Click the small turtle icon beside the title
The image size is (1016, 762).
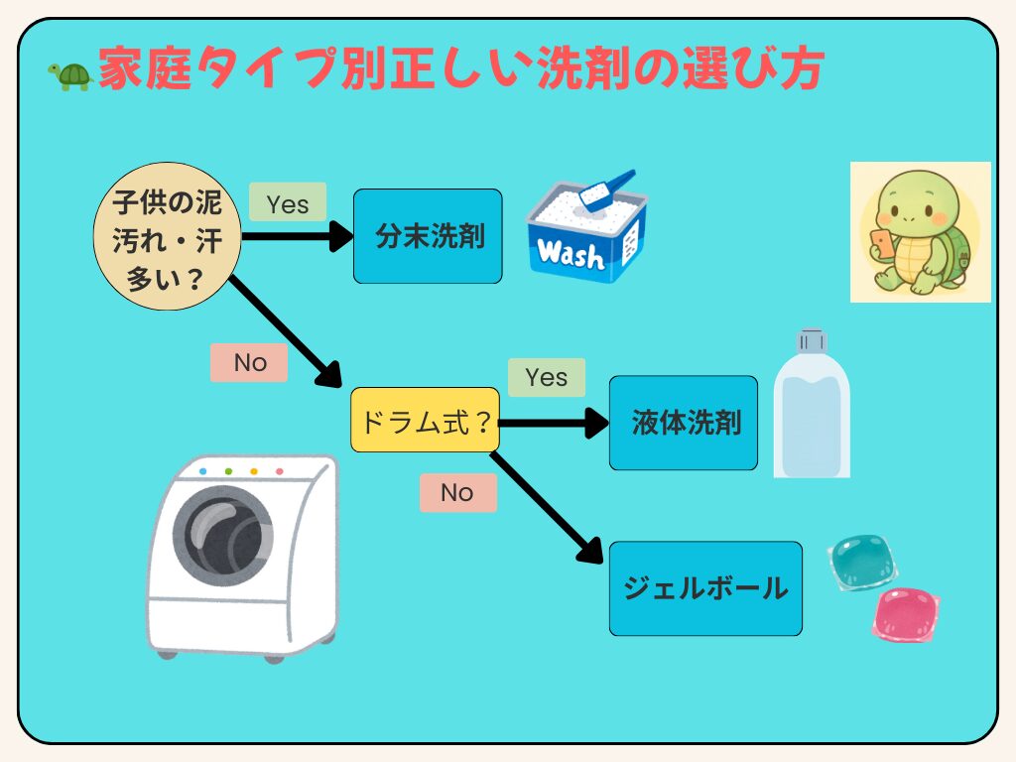pyautogui.click(x=69, y=76)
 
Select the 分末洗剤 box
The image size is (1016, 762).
pyautogui.click(x=428, y=236)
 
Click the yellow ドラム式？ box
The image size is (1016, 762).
pyautogui.click(x=425, y=420)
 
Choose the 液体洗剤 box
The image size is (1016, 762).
pyautogui.click(x=683, y=423)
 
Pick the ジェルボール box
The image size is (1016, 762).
pyautogui.click(x=704, y=588)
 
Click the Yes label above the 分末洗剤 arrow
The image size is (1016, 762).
pyautogui.click(x=288, y=202)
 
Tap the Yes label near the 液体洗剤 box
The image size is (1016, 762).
pyautogui.click(x=547, y=377)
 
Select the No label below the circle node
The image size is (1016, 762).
pyautogui.click(x=249, y=363)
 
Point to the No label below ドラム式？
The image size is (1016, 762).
pyautogui.click(x=457, y=492)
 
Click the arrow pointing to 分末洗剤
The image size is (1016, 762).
pyautogui.click(x=298, y=236)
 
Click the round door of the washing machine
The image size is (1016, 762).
pyautogui.click(x=225, y=539)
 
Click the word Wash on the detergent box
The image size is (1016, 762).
pyautogui.click(x=570, y=255)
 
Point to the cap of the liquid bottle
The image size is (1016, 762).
pyautogui.click(x=812, y=340)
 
